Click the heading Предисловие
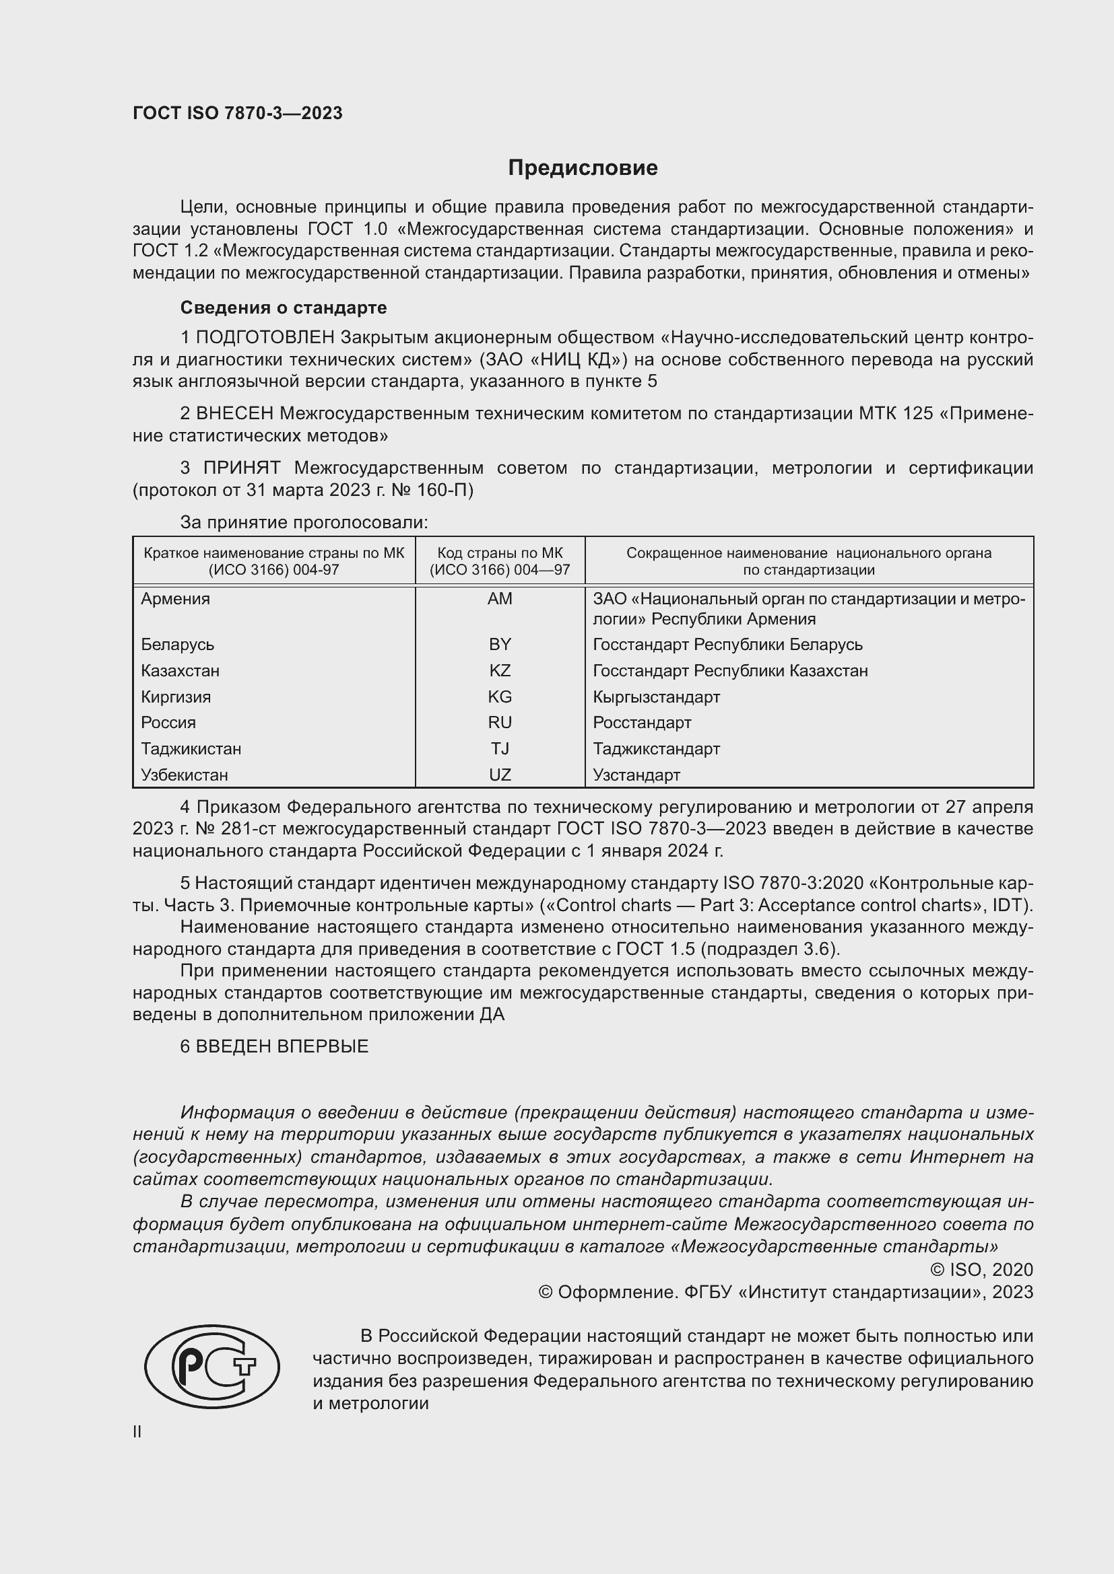[x=583, y=168]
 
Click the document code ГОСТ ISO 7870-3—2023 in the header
[x=237, y=113]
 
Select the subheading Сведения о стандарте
[x=284, y=308]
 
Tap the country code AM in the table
[x=499, y=599]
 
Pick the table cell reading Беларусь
[x=178, y=645]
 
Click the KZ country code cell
[x=499, y=670]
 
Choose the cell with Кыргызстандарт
[x=657, y=697]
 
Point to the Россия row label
[x=169, y=723]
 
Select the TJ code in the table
[x=499, y=748]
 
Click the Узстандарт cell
[x=636, y=775]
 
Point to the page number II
[x=137, y=1431]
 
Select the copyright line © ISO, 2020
[x=981, y=1270]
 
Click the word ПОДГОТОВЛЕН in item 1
[x=265, y=338]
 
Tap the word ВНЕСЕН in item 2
[x=234, y=413]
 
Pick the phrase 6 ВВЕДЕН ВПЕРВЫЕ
[x=274, y=1046]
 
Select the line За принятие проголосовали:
[x=304, y=522]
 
